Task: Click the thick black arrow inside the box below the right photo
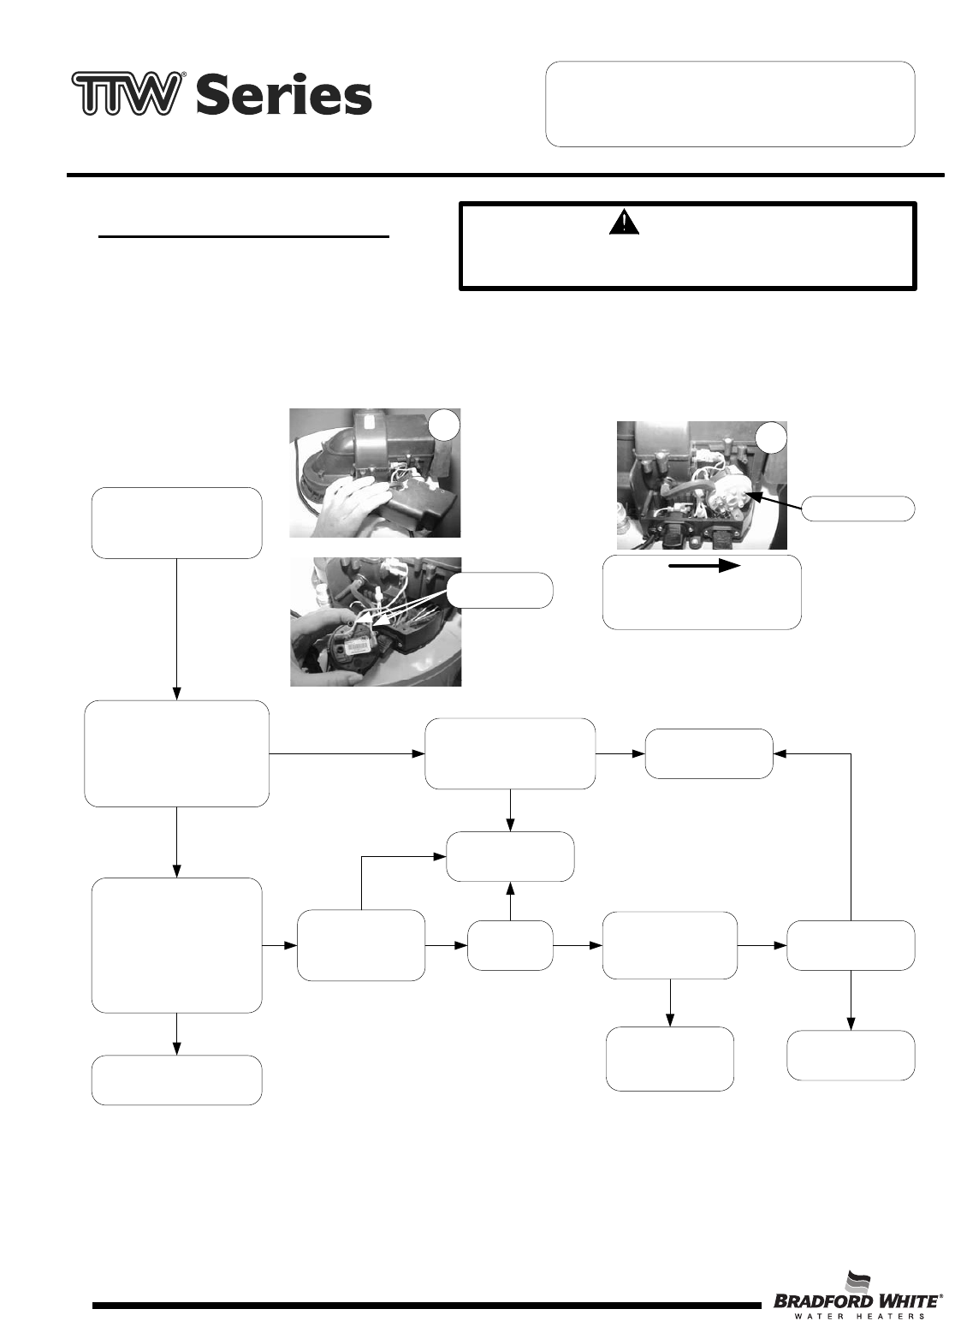(705, 567)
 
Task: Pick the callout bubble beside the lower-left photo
(500, 590)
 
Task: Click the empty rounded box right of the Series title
(730, 104)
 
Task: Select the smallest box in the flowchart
(510, 945)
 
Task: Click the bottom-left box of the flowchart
(176, 1080)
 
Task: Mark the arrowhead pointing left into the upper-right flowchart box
(779, 753)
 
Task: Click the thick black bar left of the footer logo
(426, 1306)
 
